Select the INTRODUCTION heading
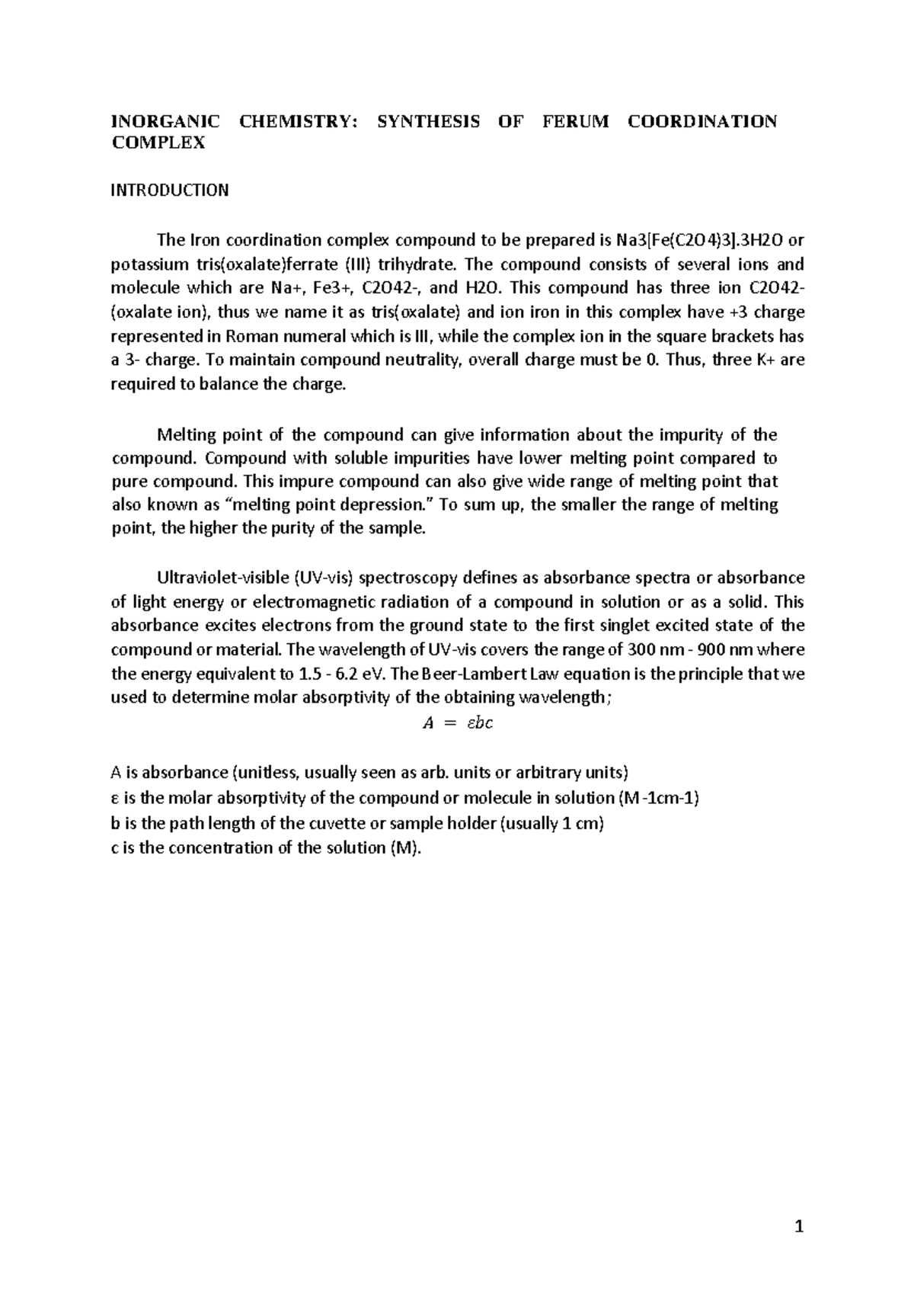(x=170, y=191)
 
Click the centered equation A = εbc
(x=457, y=723)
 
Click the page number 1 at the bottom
(x=799, y=1226)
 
